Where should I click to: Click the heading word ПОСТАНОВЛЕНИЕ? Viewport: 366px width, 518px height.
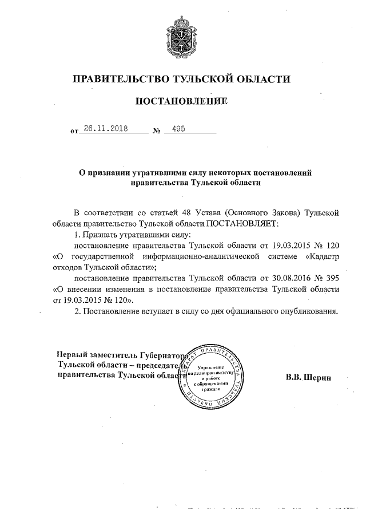[181, 101]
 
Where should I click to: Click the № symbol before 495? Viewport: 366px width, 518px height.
[156, 131]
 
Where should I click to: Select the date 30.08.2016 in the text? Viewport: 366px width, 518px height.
[291, 278]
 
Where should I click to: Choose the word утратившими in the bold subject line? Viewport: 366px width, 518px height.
[157, 172]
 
